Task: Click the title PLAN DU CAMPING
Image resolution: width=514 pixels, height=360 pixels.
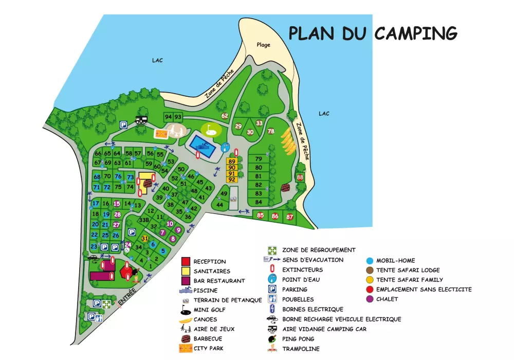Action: tap(373, 32)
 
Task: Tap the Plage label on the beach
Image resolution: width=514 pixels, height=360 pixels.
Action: tap(263, 45)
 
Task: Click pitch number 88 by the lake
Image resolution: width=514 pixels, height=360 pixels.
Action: tap(300, 177)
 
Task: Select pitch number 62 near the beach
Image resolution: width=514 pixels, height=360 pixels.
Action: tap(224, 116)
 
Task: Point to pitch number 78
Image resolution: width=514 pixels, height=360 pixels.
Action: tap(271, 131)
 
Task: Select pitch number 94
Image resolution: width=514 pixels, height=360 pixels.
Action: tap(168, 117)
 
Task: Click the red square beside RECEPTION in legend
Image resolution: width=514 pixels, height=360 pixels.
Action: tap(186, 261)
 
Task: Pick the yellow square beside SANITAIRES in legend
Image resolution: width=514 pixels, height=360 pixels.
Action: tap(186, 271)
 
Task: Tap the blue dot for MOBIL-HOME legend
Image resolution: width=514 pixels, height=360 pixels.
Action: tap(370, 260)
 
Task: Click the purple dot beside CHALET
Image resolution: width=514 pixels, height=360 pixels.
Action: tap(370, 299)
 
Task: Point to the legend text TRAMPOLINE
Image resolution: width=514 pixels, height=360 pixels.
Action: tap(301, 349)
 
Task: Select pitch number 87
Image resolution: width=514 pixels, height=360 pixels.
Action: tap(290, 217)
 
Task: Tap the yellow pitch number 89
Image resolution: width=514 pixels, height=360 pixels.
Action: tap(232, 161)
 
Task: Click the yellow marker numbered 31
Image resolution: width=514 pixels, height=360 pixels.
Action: tap(145, 238)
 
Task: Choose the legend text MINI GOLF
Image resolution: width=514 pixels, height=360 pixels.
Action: tap(209, 310)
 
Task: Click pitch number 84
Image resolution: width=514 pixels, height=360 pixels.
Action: tap(259, 202)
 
